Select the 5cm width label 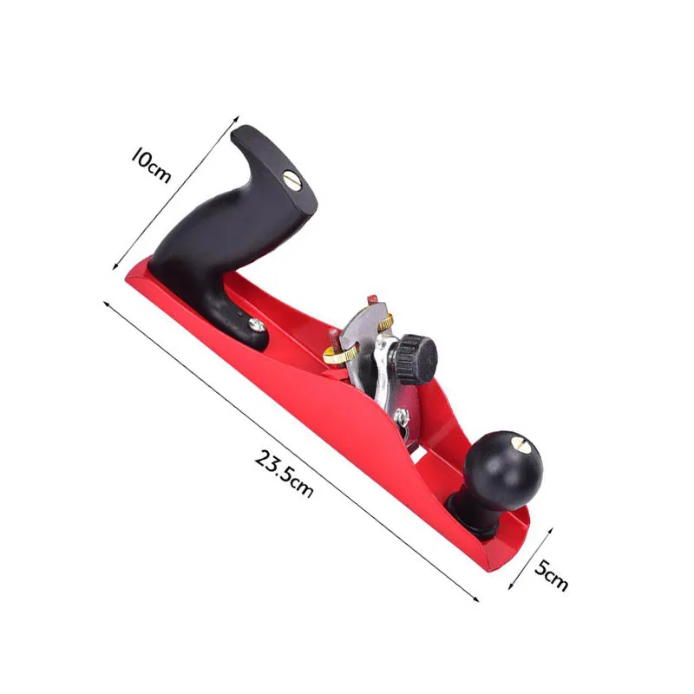[x=550, y=576]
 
